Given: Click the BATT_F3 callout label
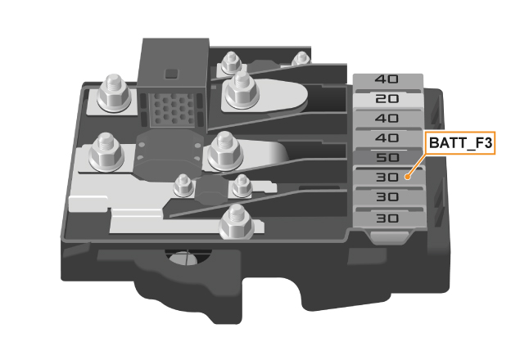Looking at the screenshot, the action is [x=460, y=143].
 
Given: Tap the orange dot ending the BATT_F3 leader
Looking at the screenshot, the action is [x=408, y=177].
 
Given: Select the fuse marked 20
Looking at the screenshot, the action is [x=387, y=99].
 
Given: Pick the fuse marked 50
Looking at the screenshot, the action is [x=387, y=157].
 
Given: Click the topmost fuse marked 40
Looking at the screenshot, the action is [x=387, y=79].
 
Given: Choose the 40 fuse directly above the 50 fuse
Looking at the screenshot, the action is [x=387, y=137].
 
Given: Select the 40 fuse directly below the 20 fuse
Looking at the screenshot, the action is [x=387, y=119].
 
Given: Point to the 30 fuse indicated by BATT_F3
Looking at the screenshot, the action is [x=388, y=177].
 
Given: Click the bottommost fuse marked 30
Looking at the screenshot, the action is [x=389, y=218].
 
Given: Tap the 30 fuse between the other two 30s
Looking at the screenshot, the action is [x=388, y=197].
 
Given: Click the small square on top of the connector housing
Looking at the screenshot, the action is [x=172, y=74].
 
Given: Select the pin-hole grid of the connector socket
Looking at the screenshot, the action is [x=172, y=110].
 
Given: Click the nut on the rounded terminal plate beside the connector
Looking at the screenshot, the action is [x=242, y=89].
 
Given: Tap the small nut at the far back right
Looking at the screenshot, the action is [x=301, y=59].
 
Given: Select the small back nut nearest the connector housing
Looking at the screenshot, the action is [x=230, y=62].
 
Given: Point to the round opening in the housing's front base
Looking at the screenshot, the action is [x=188, y=258].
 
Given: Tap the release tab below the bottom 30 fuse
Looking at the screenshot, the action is [x=390, y=236].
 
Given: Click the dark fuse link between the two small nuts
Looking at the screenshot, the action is [x=211, y=190].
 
